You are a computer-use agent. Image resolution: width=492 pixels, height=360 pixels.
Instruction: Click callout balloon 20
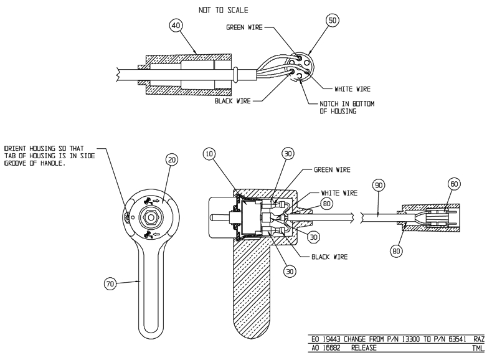(172, 160)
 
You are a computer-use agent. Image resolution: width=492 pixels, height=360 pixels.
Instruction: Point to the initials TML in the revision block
(478, 350)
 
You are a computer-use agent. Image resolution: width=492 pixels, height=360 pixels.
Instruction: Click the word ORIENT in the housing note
(16, 148)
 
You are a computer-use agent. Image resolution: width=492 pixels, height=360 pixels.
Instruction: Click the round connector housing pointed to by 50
(301, 67)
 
